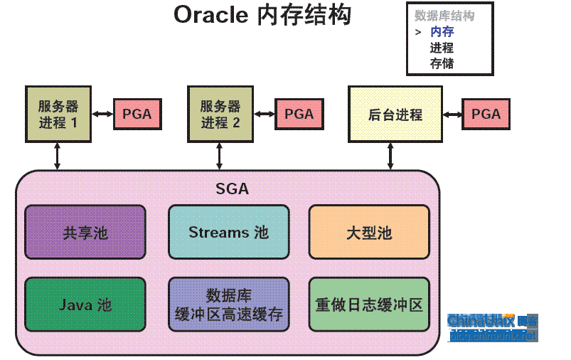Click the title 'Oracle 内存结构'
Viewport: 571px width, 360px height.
(262, 16)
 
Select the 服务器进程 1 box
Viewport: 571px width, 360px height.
(58, 114)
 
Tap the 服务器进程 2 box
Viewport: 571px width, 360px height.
(220, 114)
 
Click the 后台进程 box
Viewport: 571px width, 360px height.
(395, 114)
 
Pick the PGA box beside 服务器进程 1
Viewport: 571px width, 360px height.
(137, 115)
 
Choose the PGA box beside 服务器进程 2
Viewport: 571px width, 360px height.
(299, 115)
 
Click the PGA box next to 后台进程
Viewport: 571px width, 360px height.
(486, 115)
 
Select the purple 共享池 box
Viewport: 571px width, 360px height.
(85, 232)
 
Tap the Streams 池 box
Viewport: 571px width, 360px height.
(229, 232)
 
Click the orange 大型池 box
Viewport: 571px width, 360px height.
(369, 232)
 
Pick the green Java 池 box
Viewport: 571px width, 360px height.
(85, 305)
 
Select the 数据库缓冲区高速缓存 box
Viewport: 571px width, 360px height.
(229, 305)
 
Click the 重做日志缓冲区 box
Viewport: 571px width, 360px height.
(369, 305)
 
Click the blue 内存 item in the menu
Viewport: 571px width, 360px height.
(442, 32)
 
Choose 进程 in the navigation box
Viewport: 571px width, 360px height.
(442, 48)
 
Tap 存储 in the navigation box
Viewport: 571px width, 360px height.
(442, 63)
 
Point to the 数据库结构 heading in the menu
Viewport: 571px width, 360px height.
(444, 16)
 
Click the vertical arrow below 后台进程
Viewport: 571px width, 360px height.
(390, 156)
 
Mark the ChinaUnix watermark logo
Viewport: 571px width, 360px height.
(492, 327)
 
